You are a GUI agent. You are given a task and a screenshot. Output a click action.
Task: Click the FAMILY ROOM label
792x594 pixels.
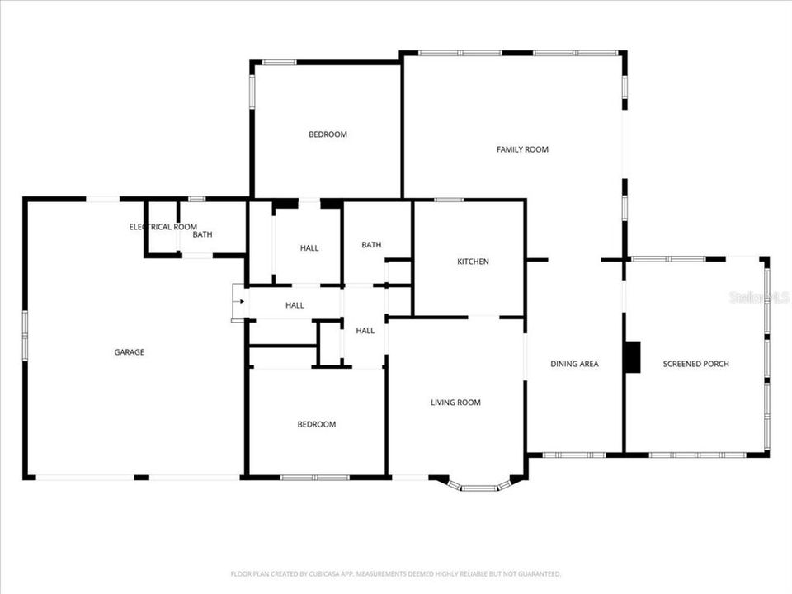click(x=522, y=149)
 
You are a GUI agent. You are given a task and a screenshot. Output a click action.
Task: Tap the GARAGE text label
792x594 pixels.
click(x=129, y=352)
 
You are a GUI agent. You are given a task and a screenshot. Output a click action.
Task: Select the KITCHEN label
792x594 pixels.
click(x=473, y=262)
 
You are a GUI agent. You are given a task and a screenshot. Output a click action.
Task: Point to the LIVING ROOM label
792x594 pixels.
click(x=455, y=403)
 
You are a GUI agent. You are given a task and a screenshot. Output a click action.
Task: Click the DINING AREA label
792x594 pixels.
click(x=574, y=364)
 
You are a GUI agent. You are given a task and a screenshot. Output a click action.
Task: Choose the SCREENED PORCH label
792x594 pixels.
click(x=695, y=364)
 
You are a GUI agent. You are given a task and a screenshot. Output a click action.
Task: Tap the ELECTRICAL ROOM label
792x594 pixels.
click(x=163, y=227)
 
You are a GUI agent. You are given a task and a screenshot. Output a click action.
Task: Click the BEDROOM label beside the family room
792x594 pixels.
click(x=328, y=134)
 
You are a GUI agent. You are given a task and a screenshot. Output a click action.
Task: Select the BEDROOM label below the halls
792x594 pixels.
click(x=317, y=424)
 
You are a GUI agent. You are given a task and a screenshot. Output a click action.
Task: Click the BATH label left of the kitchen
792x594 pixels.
click(x=371, y=245)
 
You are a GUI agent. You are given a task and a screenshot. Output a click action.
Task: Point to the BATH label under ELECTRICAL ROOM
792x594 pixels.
click(x=202, y=235)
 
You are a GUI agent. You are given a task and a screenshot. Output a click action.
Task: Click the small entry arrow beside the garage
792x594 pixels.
click(x=240, y=302)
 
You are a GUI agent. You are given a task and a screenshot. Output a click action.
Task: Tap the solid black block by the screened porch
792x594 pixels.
click(x=632, y=356)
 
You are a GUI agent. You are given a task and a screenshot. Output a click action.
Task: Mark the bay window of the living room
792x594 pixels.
click(x=478, y=487)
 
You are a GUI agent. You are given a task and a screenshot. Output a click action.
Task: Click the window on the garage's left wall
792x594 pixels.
click(x=26, y=335)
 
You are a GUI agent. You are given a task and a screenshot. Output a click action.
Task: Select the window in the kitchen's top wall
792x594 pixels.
click(x=449, y=200)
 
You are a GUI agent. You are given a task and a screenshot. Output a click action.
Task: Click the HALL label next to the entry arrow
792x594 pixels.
click(x=295, y=305)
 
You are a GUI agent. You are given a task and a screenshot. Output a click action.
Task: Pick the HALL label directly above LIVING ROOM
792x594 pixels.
click(x=365, y=331)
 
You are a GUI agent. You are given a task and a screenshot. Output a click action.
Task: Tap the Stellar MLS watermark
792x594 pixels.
click(x=758, y=296)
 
